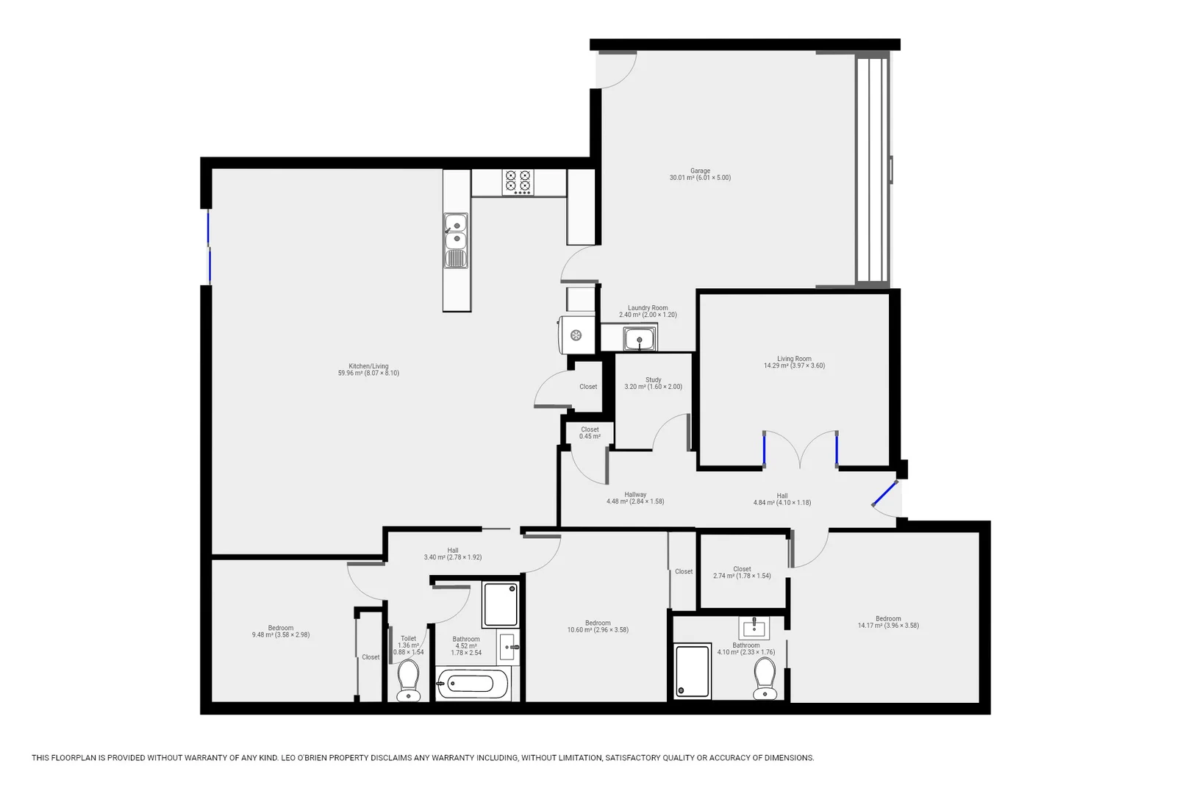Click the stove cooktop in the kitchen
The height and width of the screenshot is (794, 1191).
(x=518, y=182)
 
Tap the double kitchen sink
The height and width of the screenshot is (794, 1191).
(x=455, y=231)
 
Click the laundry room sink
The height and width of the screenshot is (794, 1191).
(x=639, y=340)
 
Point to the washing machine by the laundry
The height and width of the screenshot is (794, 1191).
(x=576, y=335)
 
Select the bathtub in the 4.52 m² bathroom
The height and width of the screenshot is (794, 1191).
(x=471, y=684)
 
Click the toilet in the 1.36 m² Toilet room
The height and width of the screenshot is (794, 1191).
(x=408, y=680)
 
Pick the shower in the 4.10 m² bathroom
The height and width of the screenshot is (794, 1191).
(x=693, y=670)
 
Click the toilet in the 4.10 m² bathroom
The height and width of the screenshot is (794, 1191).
(x=765, y=678)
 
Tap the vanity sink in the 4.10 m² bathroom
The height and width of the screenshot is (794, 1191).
(x=754, y=629)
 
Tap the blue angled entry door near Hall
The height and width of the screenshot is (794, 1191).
(x=884, y=494)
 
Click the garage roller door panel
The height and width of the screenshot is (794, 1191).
(x=873, y=169)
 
